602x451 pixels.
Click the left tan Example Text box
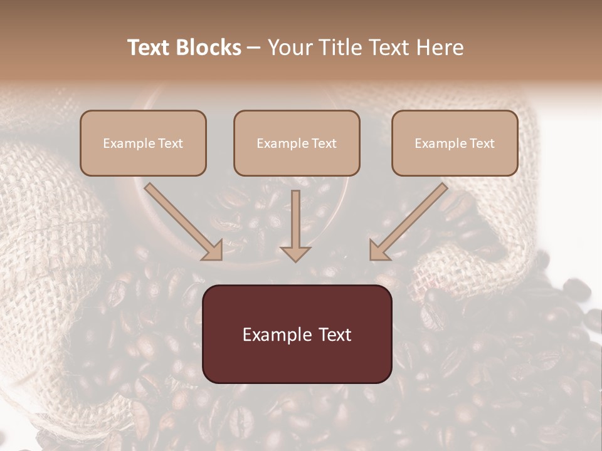click(x=143, y=143)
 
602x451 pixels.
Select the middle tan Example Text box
click(x=297, y=143)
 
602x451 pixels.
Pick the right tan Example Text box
click(x=455, y=143)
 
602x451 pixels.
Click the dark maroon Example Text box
click(x=297, y=334)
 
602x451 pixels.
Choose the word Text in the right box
click(x=482, y=143)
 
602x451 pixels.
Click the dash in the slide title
click(x=254, y=48)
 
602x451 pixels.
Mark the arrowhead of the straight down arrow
click(x=295, y=252)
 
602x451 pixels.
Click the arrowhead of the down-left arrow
click(x=379, y=250)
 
